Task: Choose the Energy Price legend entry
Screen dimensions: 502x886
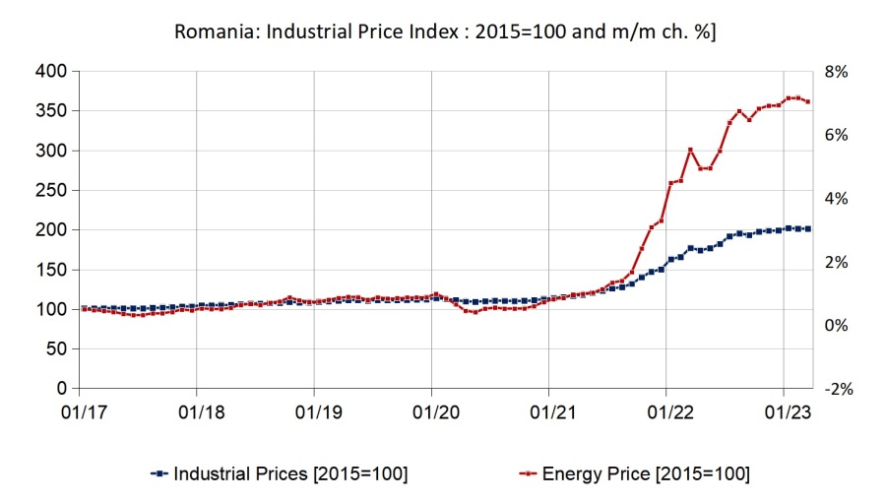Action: (x=636, y=473)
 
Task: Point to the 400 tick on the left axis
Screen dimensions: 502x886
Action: (x=51, y=72)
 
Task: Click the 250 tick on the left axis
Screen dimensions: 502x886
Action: (x=51, y=191)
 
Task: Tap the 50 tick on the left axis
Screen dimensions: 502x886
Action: (x=55, y=349)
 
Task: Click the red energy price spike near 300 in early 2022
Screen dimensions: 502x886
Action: (x=690, y=150)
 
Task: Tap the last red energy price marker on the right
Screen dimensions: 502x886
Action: (x=808, y=101)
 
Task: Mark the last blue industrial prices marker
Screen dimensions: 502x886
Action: (x=808, y=228)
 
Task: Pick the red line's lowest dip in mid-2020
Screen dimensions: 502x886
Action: (x=475, y=312)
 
